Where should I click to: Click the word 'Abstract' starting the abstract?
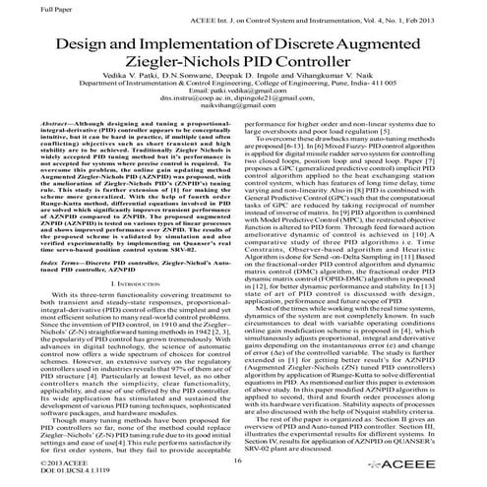[x=56, y=152]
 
